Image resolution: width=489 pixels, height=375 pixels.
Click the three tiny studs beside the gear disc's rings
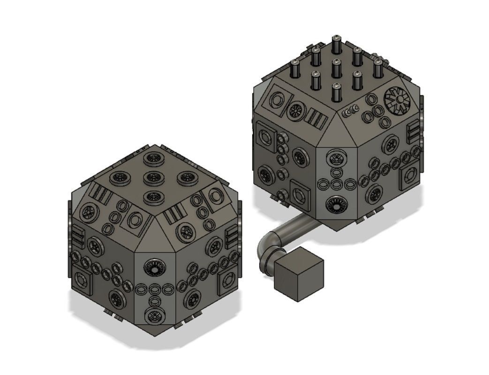[x=351, y=111]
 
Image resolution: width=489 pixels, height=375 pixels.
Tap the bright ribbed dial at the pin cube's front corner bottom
[x=335, y=205]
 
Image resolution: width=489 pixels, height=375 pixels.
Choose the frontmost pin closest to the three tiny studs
[x=336, y=92]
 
